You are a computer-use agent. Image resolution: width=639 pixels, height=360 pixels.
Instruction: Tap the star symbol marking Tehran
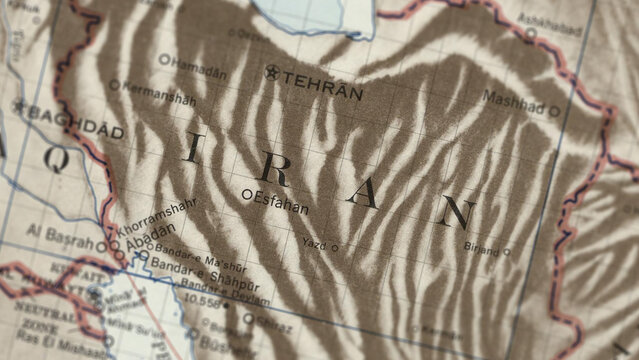[x=272, y=72]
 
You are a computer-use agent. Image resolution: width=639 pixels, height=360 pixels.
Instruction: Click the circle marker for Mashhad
[x=555, y=111]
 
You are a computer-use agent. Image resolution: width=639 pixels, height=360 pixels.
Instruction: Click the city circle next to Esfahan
[x=247, y=193]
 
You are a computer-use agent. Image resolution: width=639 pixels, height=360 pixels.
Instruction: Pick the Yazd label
[x=313, y=243]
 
